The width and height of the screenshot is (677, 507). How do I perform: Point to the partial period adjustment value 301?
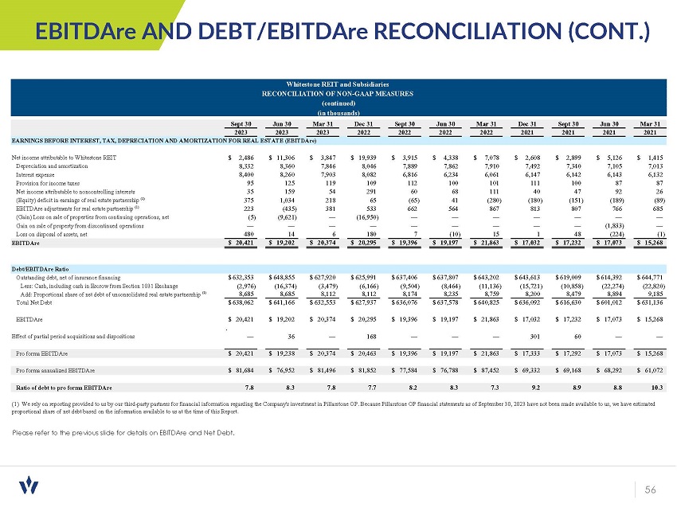(534, 335)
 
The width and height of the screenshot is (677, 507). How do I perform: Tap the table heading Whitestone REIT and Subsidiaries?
(339, 84)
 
